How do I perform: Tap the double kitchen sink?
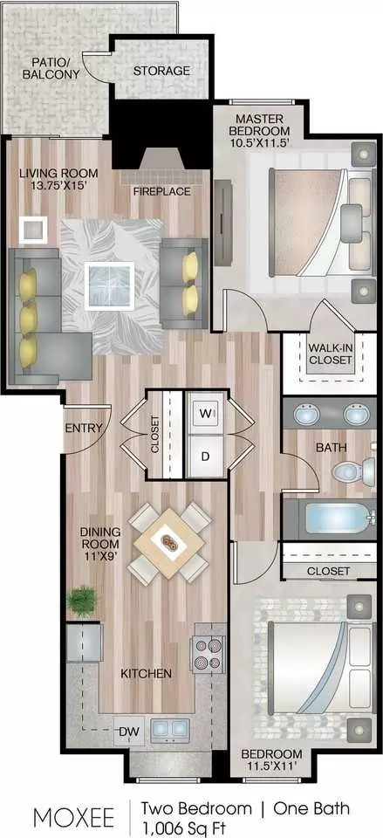[170, 728]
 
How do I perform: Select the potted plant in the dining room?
[82, 601]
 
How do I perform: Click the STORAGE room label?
[161, 71]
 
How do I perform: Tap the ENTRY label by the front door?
[84, 428]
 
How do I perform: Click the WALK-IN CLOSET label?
[330, 354]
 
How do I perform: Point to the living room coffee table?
[109, 286]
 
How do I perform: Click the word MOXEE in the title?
[73, 818]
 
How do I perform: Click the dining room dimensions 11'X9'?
[100, 556]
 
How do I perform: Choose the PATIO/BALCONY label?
[51, 67]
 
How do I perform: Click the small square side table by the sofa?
[32, 230]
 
